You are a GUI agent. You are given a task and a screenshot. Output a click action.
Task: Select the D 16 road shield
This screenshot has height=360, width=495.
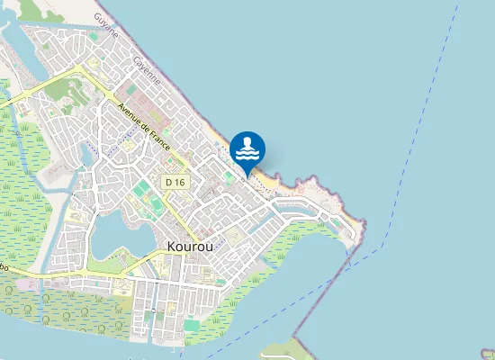(175, 182)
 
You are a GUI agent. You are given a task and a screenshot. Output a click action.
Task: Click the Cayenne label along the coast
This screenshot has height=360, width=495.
(147, 70)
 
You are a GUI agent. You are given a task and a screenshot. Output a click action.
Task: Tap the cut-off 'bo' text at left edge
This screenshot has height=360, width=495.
(4, 267)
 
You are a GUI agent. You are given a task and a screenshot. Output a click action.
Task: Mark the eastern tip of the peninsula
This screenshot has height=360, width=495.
(366, 222)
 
